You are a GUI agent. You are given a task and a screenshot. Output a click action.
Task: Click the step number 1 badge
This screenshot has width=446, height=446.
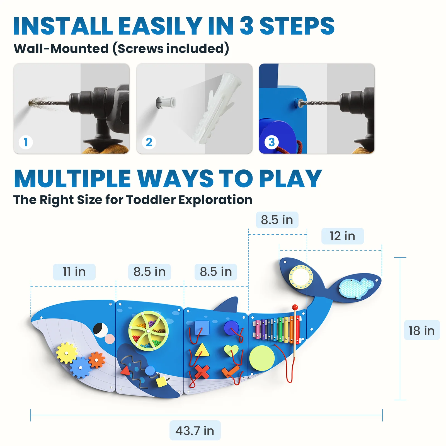click(26, 142)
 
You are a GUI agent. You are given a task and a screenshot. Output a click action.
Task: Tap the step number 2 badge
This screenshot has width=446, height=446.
click(149, 142)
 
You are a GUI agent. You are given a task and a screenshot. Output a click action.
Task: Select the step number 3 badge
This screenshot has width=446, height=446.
click(272, 142)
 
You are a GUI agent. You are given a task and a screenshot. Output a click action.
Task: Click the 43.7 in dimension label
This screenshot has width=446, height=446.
click(195, 431)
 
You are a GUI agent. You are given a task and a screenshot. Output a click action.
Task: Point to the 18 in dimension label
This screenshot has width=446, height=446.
click(421, 331)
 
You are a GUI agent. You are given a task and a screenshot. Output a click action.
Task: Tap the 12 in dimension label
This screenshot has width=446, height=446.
click(342, 236)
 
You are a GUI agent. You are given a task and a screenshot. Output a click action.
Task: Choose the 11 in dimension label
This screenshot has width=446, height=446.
click(74, 272)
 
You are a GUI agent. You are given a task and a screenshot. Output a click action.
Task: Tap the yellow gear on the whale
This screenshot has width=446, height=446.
click(66, 353)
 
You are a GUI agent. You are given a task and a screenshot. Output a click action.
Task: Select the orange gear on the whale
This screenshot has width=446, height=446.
click(96, 360)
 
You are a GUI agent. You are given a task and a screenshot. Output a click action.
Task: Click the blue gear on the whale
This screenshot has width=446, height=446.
click(80, 367)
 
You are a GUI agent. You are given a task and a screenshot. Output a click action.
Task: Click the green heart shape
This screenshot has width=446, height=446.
click(231, 350)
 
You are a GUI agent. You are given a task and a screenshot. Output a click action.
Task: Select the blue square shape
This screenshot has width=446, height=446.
click(202, 328)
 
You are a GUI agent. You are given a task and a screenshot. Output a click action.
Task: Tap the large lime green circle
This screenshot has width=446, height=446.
click(262, 358)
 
